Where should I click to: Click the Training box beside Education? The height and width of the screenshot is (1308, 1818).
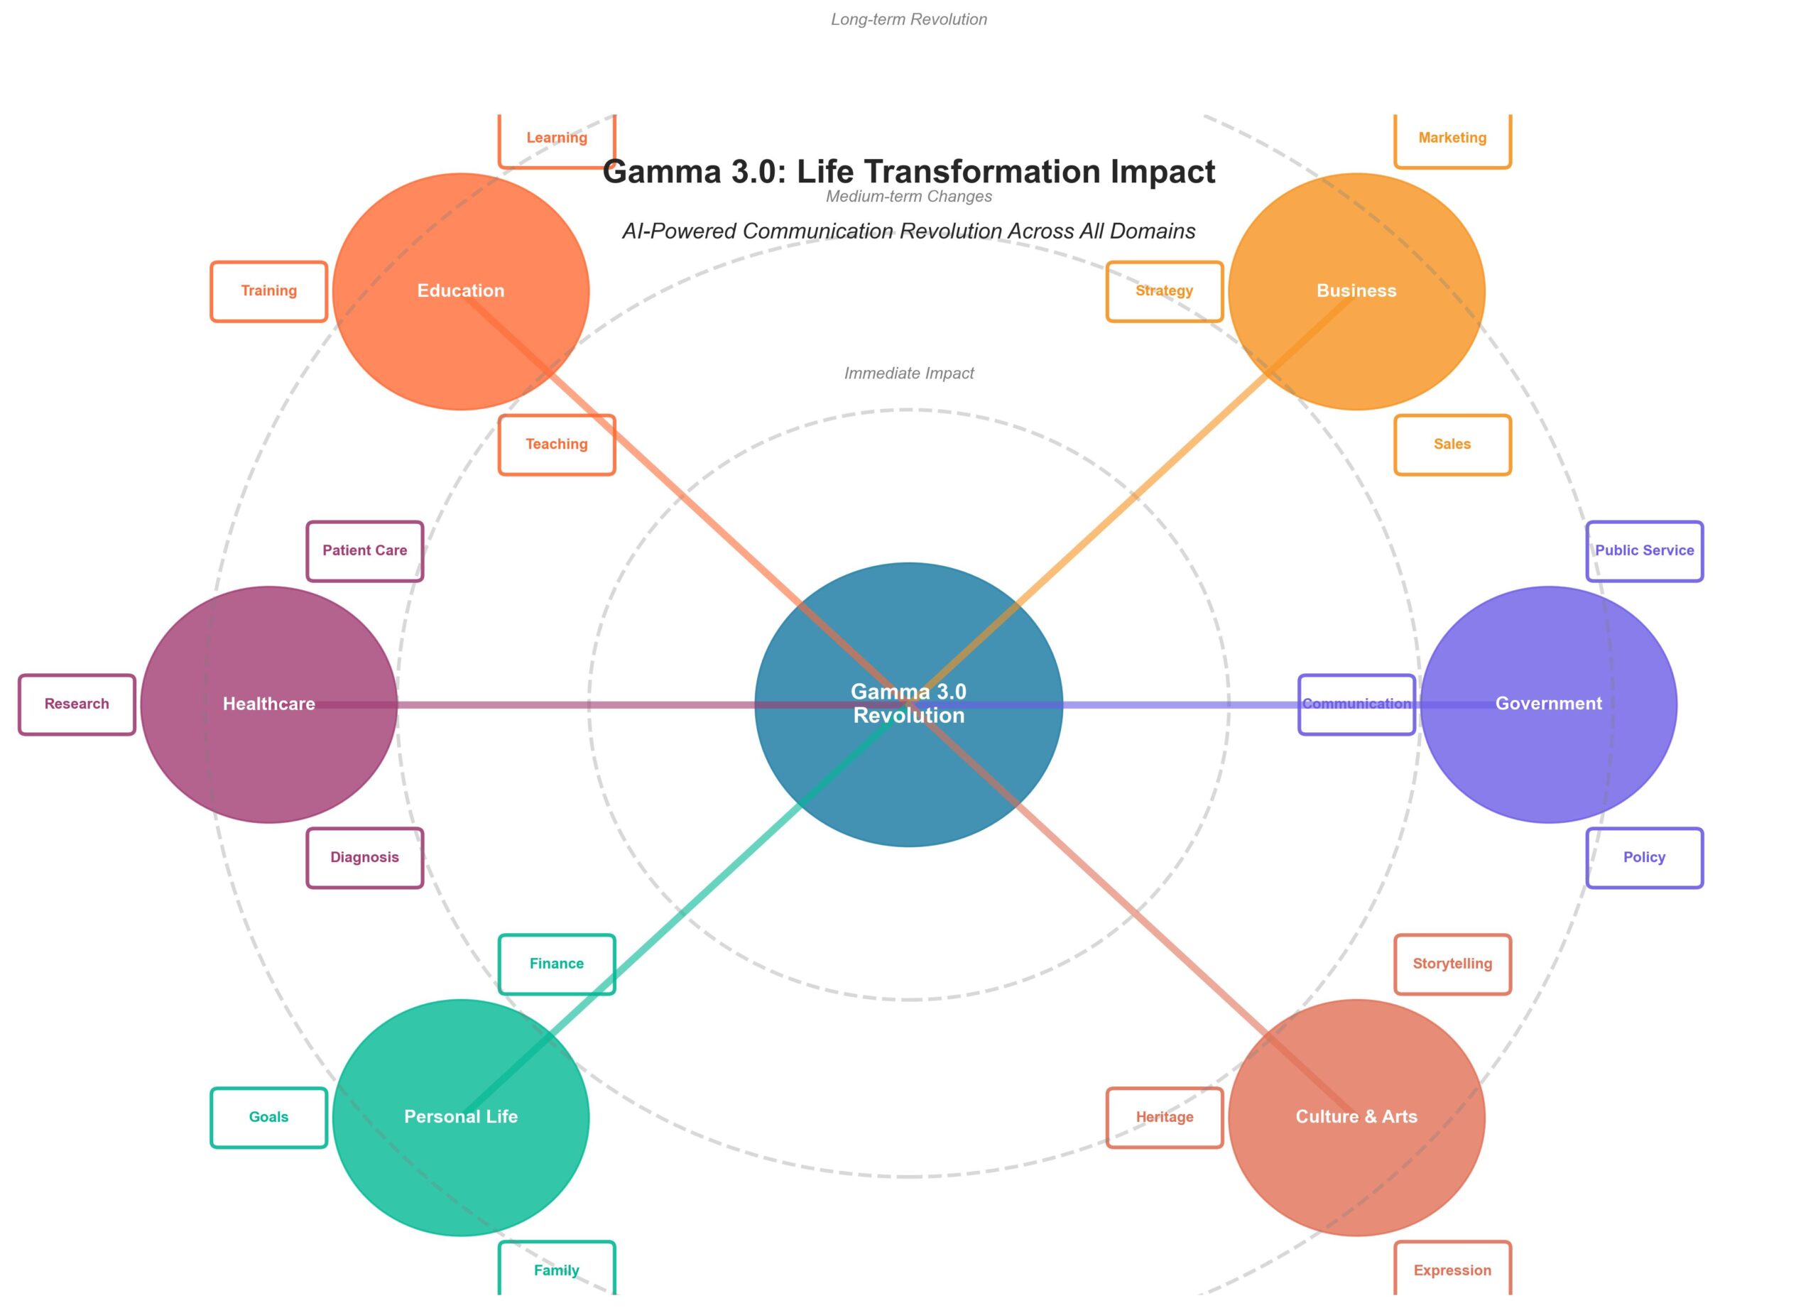click(268, 291)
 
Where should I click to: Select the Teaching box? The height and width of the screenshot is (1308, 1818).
click(556, 445)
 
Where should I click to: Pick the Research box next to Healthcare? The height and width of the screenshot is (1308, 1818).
click(77, 704)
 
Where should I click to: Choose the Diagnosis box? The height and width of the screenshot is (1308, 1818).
click(365, 858)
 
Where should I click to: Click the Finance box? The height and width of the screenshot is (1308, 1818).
click(556, 964)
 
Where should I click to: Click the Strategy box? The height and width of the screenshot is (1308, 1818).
click(1164, 291)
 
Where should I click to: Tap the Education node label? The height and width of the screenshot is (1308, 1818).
click(461, 291)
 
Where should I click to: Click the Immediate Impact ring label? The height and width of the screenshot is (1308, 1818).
click(909, 374)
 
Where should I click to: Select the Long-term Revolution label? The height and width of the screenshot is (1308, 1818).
click(909, 19)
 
